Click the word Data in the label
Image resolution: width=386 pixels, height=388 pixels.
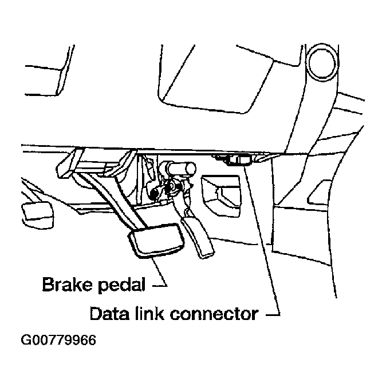click(107, 313)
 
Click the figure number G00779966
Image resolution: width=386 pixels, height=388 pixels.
click(58, 341)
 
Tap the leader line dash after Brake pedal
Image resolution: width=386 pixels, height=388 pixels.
click(161, 284)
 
